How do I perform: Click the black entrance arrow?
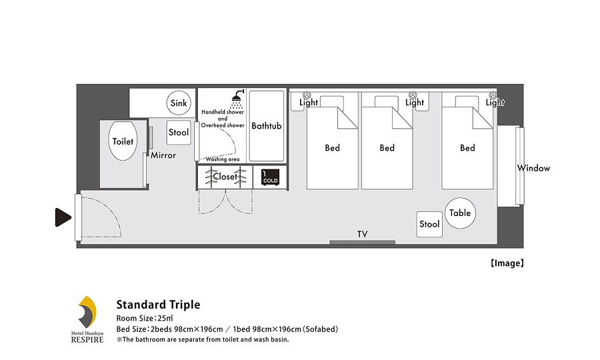[x=63, y=217]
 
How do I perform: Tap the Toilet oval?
[x=123, y=141]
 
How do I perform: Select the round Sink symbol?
[x=179, y=103]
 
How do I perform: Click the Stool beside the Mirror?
[x=179, y=133]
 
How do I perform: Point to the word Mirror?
[x=163, y=155]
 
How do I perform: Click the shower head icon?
[x=237, y=99]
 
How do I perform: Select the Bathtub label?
[x=266, y=125]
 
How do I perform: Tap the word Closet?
[x=225, y=177]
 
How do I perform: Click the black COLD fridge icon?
[x=270, y=177]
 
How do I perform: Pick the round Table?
[x=460, y=213]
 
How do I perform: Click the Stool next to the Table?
[x=429, y=224]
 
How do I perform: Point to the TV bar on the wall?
[x=363, y=242]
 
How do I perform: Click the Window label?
[x=533, y=168]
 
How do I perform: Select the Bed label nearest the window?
[x=467, y=148]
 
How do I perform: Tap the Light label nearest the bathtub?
[x=309, y=102]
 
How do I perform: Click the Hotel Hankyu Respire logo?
[x=87, y=319]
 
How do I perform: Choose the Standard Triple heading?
[x=158, y=305]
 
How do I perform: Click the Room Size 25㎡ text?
[x=145, y=318]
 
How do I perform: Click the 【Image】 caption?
[x=507, y=263]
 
